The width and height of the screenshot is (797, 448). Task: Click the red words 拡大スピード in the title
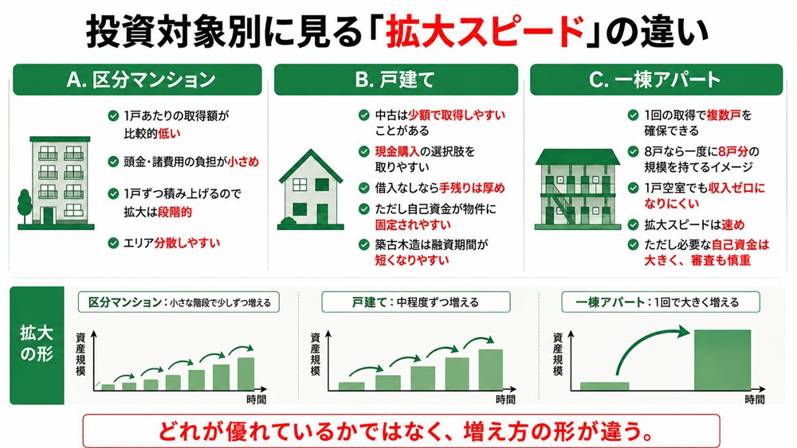click(485, 32)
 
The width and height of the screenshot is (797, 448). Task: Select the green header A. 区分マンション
click(137, 80)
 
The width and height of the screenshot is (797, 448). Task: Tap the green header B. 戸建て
click(396, 80)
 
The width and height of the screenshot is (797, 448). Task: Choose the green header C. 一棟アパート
click(656, 80)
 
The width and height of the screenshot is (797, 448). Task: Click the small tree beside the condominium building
click(25, 205)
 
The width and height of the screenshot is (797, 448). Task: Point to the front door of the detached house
click(322, 213)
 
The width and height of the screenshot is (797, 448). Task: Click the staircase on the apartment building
click(562, 204)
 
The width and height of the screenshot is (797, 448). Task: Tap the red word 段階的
click(175, 212)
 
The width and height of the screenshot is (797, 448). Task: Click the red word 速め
click(733, 224)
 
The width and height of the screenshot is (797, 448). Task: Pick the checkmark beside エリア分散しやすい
click(113, 243)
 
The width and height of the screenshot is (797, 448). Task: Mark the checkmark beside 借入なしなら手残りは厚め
click(363, 189)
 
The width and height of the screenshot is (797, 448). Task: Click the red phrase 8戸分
click(733, 152)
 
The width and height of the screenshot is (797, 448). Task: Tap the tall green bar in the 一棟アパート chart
click(722, 360)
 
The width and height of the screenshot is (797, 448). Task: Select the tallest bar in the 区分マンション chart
click(246, 374)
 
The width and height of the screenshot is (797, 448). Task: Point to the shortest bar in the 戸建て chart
click(351, 386)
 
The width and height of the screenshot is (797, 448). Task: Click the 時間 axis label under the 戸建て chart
click(505, 399)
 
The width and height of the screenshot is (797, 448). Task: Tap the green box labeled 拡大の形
click(37, 345)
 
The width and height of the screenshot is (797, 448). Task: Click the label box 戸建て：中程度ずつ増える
click(416, 302)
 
